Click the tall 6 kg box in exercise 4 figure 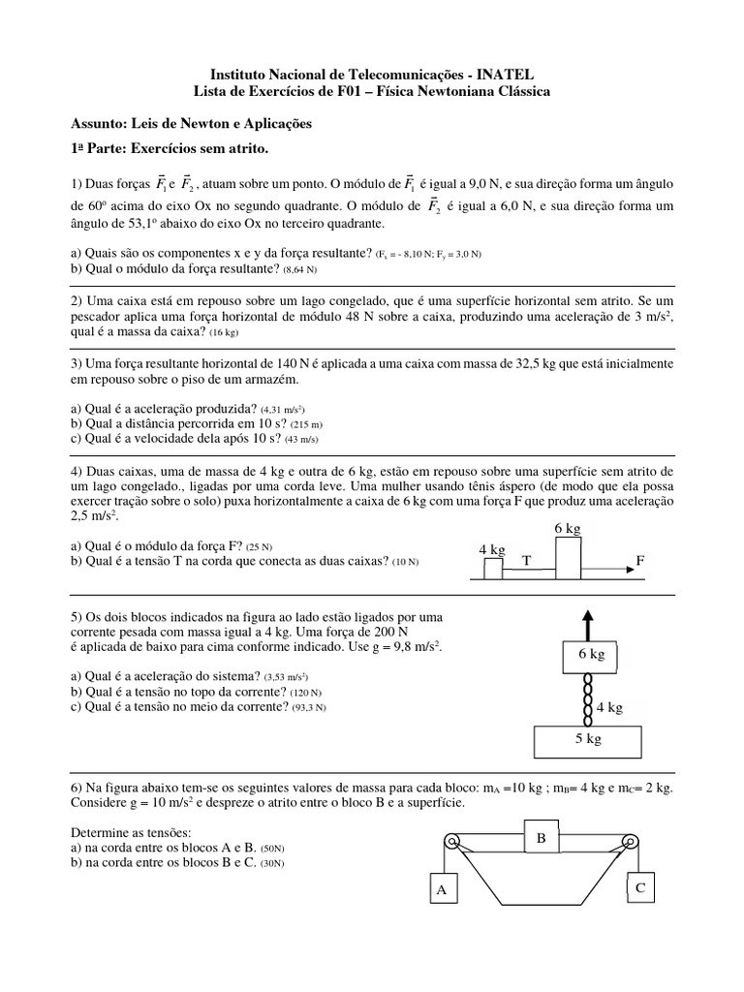(568, 558)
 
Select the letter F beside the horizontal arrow (639, 560)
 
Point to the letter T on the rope (527, 561)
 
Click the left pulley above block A (451, 842)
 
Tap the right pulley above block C (632, 841)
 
